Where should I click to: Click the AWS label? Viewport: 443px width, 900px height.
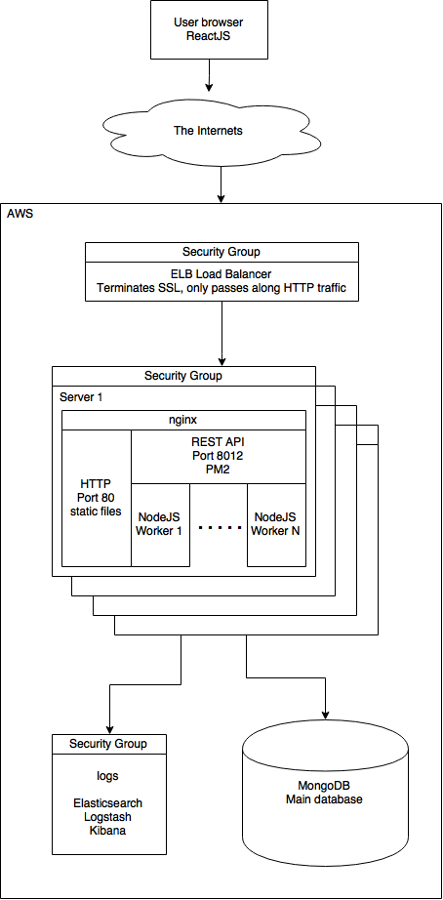20,214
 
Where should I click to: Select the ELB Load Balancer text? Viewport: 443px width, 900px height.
221,274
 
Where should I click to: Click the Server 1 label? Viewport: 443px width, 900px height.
82,396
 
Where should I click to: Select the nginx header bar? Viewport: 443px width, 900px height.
183,420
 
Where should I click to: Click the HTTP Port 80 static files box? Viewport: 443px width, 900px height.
96,498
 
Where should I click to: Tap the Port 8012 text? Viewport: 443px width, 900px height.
219,455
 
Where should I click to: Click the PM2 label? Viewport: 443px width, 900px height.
219,469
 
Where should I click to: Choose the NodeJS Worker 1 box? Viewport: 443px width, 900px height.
160,523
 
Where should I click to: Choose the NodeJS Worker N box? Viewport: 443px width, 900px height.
277,523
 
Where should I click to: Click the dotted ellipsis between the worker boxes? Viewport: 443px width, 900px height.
219,527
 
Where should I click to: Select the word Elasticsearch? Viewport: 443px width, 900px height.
108,798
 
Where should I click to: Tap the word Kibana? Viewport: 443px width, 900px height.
108,830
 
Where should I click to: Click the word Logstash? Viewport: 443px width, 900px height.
108,814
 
